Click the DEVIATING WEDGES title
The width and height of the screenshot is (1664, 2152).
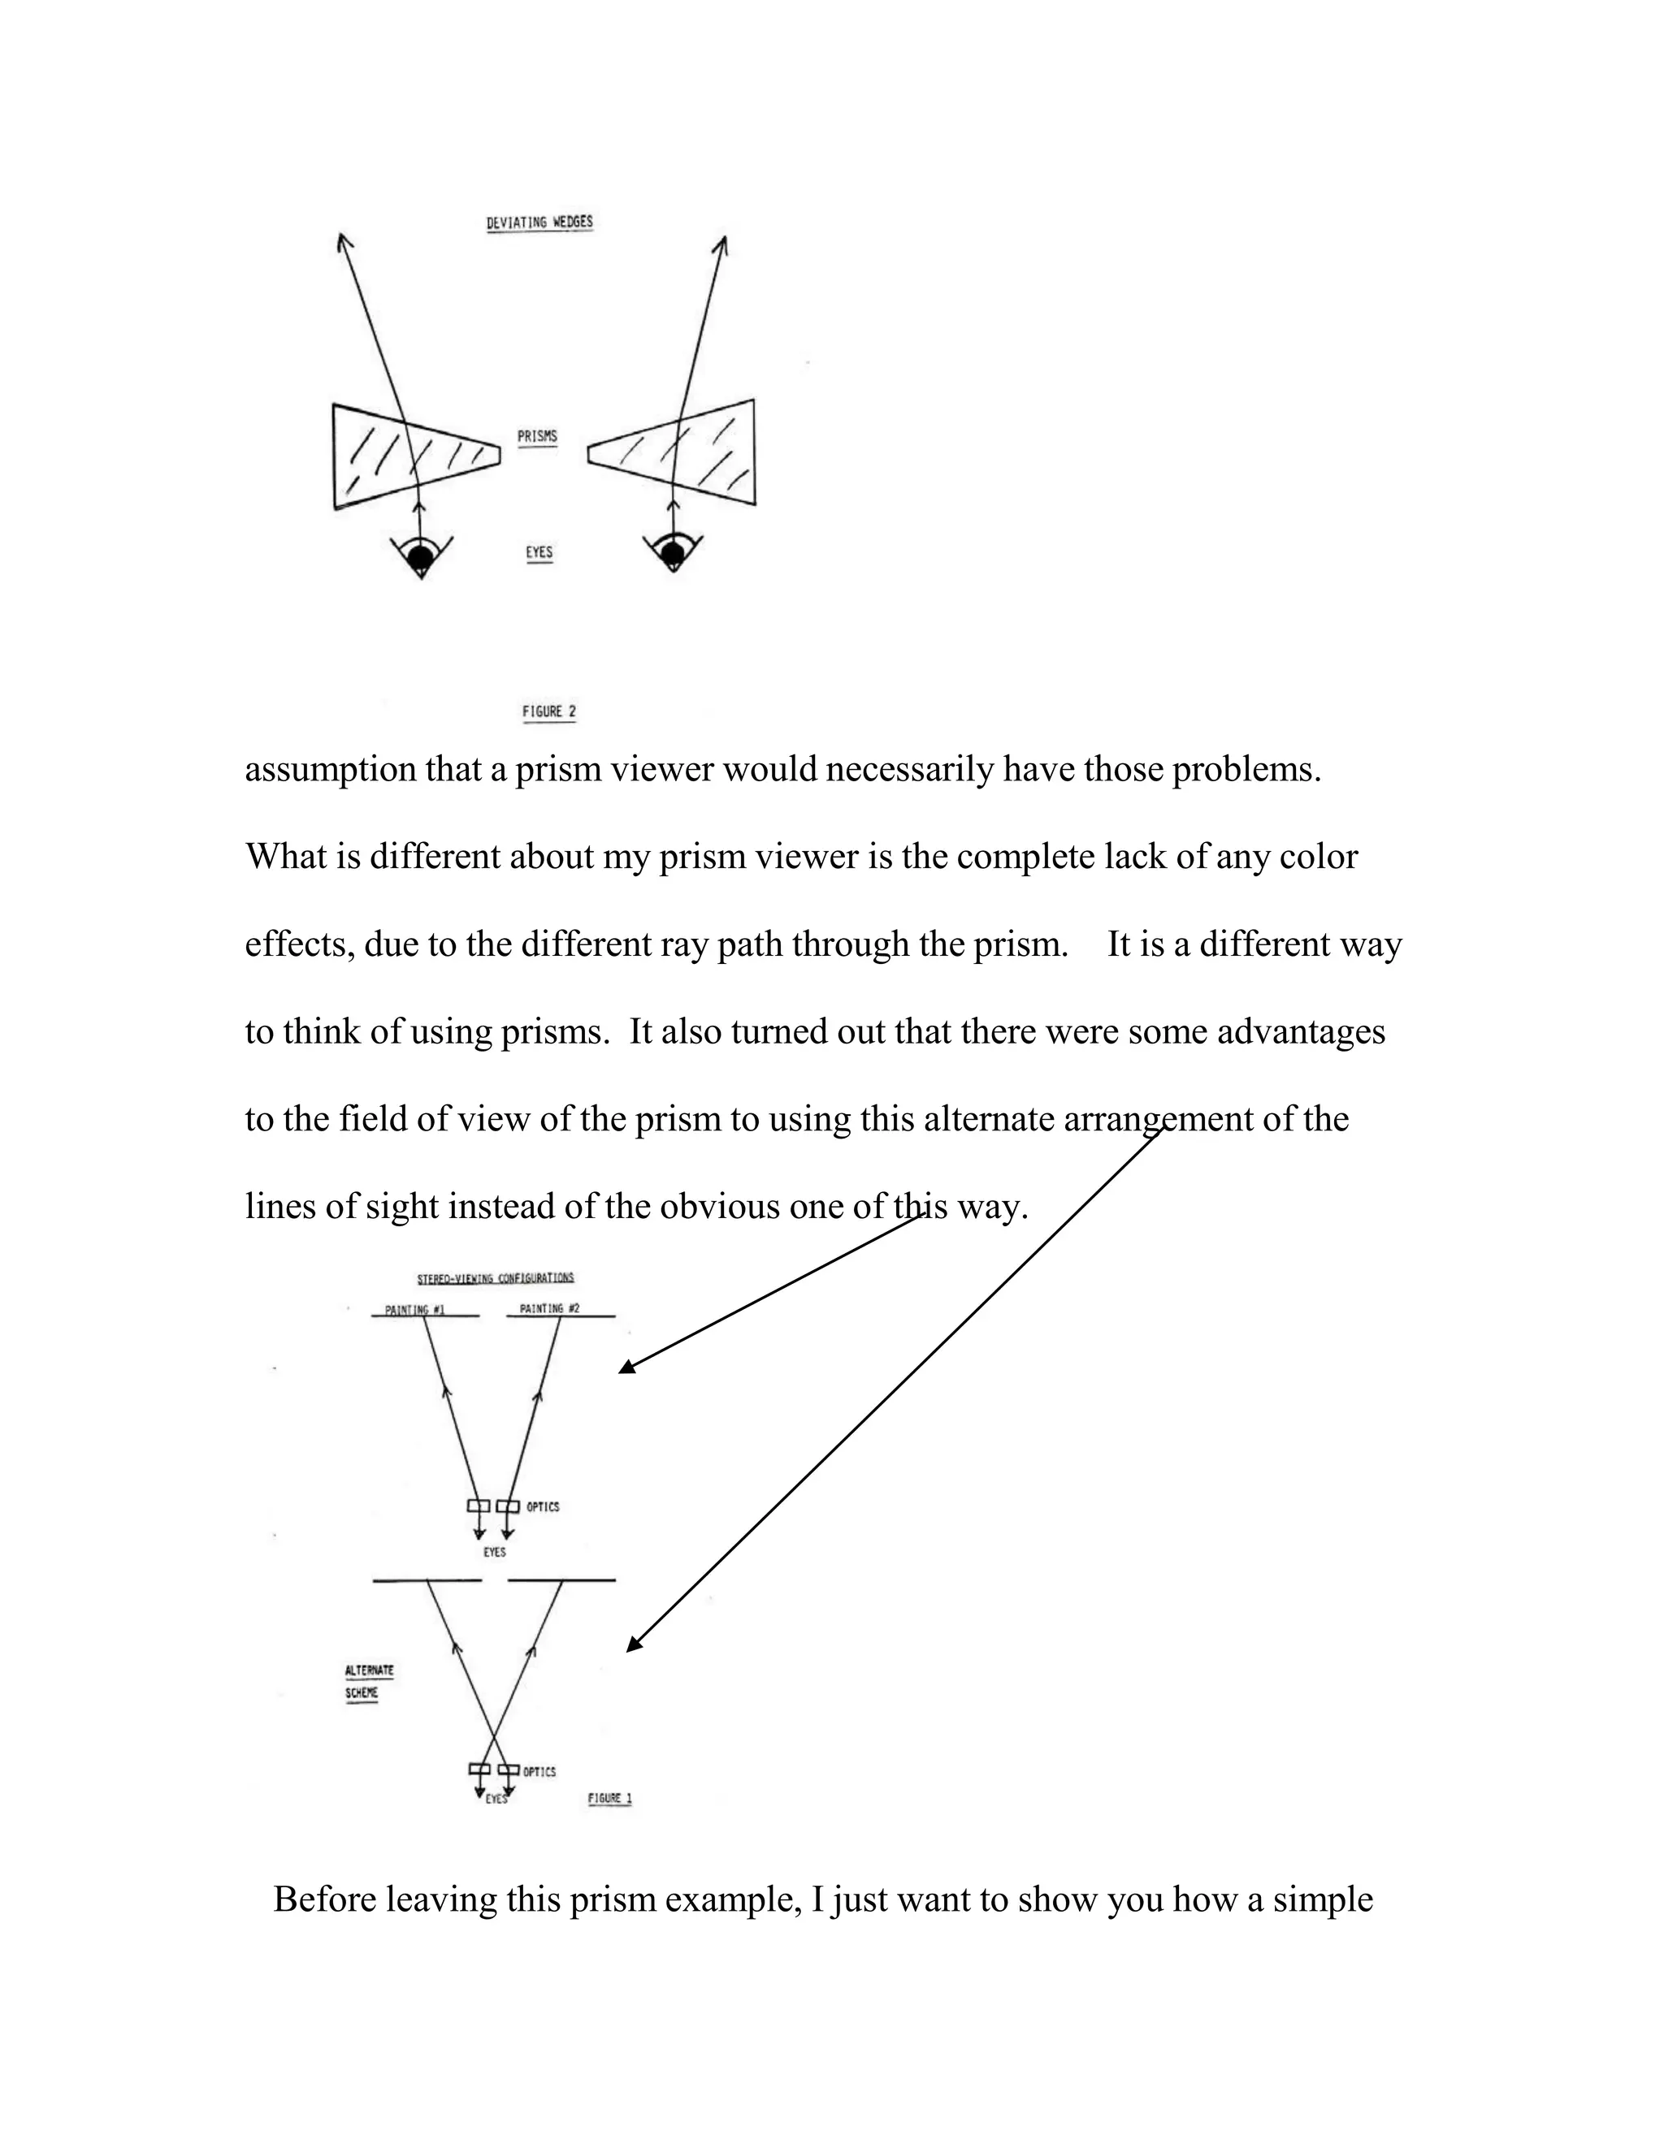(x=539, y=222)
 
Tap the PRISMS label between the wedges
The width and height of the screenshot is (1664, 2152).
(x=537, y=435)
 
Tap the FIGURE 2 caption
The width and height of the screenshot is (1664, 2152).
(x=549, y=711)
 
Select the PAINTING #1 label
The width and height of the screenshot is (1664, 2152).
(x=415, y=1310)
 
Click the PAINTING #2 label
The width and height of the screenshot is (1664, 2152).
(x=549, y=1308)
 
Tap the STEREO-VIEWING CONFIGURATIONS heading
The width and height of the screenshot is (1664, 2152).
(x=496, y=1278)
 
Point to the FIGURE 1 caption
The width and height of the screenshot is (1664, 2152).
(x=609, y=1798)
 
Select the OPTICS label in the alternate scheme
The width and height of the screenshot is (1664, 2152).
(x=539, y=1772)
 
